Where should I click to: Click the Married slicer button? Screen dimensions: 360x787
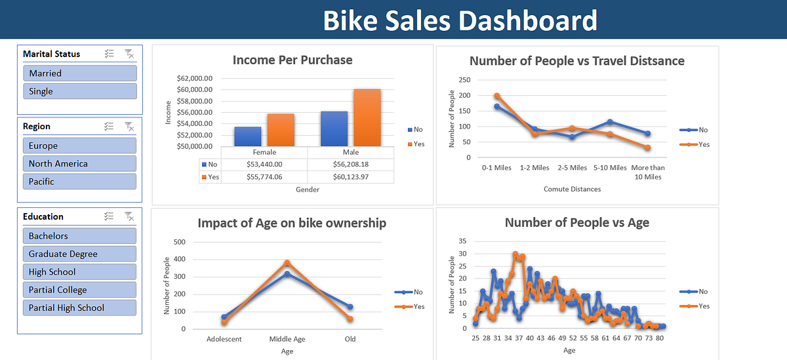coord(79,73)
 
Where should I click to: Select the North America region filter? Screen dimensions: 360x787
coord(79,163)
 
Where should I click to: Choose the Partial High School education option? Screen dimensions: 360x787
coord(79,308)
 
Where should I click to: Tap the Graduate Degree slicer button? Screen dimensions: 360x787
coord(79,254)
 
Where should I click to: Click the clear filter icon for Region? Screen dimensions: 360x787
coord(129,126)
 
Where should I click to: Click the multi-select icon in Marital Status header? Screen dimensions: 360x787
coord(110,54)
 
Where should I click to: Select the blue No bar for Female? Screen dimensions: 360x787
coord(247,136)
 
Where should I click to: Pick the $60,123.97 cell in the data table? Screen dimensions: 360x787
coord(350,177)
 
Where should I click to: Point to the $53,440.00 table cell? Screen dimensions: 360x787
coord(264,165)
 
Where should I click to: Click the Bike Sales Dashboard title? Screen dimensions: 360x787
coord(460,20)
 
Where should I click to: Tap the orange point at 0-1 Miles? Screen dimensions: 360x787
coord(496,96)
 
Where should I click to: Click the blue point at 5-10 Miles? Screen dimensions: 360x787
coord(610,122)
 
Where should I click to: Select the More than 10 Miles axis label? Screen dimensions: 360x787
coord(648,172)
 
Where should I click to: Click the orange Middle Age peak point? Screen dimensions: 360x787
coord(287,263)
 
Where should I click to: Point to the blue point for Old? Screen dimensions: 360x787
coord(350,306)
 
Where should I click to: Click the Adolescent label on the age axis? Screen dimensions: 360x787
coord(224,339)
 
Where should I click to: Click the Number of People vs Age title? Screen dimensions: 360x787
coord(576,222)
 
